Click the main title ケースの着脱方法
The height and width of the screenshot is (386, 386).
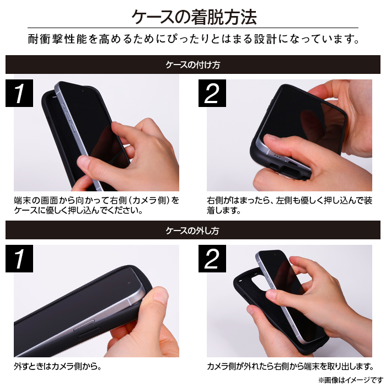point(194,17)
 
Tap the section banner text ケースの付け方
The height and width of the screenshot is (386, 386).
point(193,65)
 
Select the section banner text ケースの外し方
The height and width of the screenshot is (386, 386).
point(192,230)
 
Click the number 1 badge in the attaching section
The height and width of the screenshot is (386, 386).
point(19,93)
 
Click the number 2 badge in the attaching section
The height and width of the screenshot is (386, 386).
point(212,93)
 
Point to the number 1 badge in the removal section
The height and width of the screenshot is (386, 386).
point(19,259)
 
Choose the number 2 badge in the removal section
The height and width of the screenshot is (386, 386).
point(212,259)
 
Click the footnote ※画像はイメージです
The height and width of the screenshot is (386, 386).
point(351,380)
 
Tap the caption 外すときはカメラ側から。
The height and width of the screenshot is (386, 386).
point(57,367)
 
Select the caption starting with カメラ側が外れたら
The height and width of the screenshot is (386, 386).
point(291,367)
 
